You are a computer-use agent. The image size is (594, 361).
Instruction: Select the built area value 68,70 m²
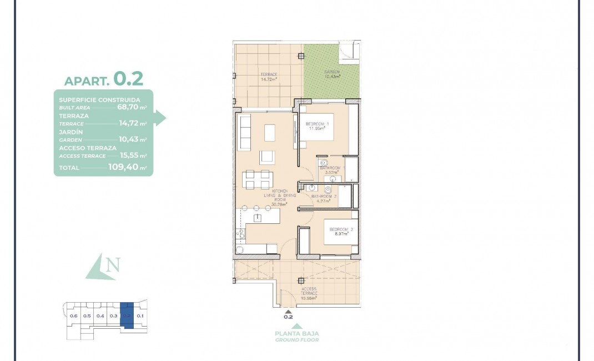132,107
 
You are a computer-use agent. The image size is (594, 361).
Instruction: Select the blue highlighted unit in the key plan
127,315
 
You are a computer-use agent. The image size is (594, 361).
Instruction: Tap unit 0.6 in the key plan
74,316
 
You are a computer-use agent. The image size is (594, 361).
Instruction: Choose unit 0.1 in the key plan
140,316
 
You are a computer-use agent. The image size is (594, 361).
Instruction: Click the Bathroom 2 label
324,198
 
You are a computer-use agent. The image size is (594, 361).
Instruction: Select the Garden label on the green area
333,74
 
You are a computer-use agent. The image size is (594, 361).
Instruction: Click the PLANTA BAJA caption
297,334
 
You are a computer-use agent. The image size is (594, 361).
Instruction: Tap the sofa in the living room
244,133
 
